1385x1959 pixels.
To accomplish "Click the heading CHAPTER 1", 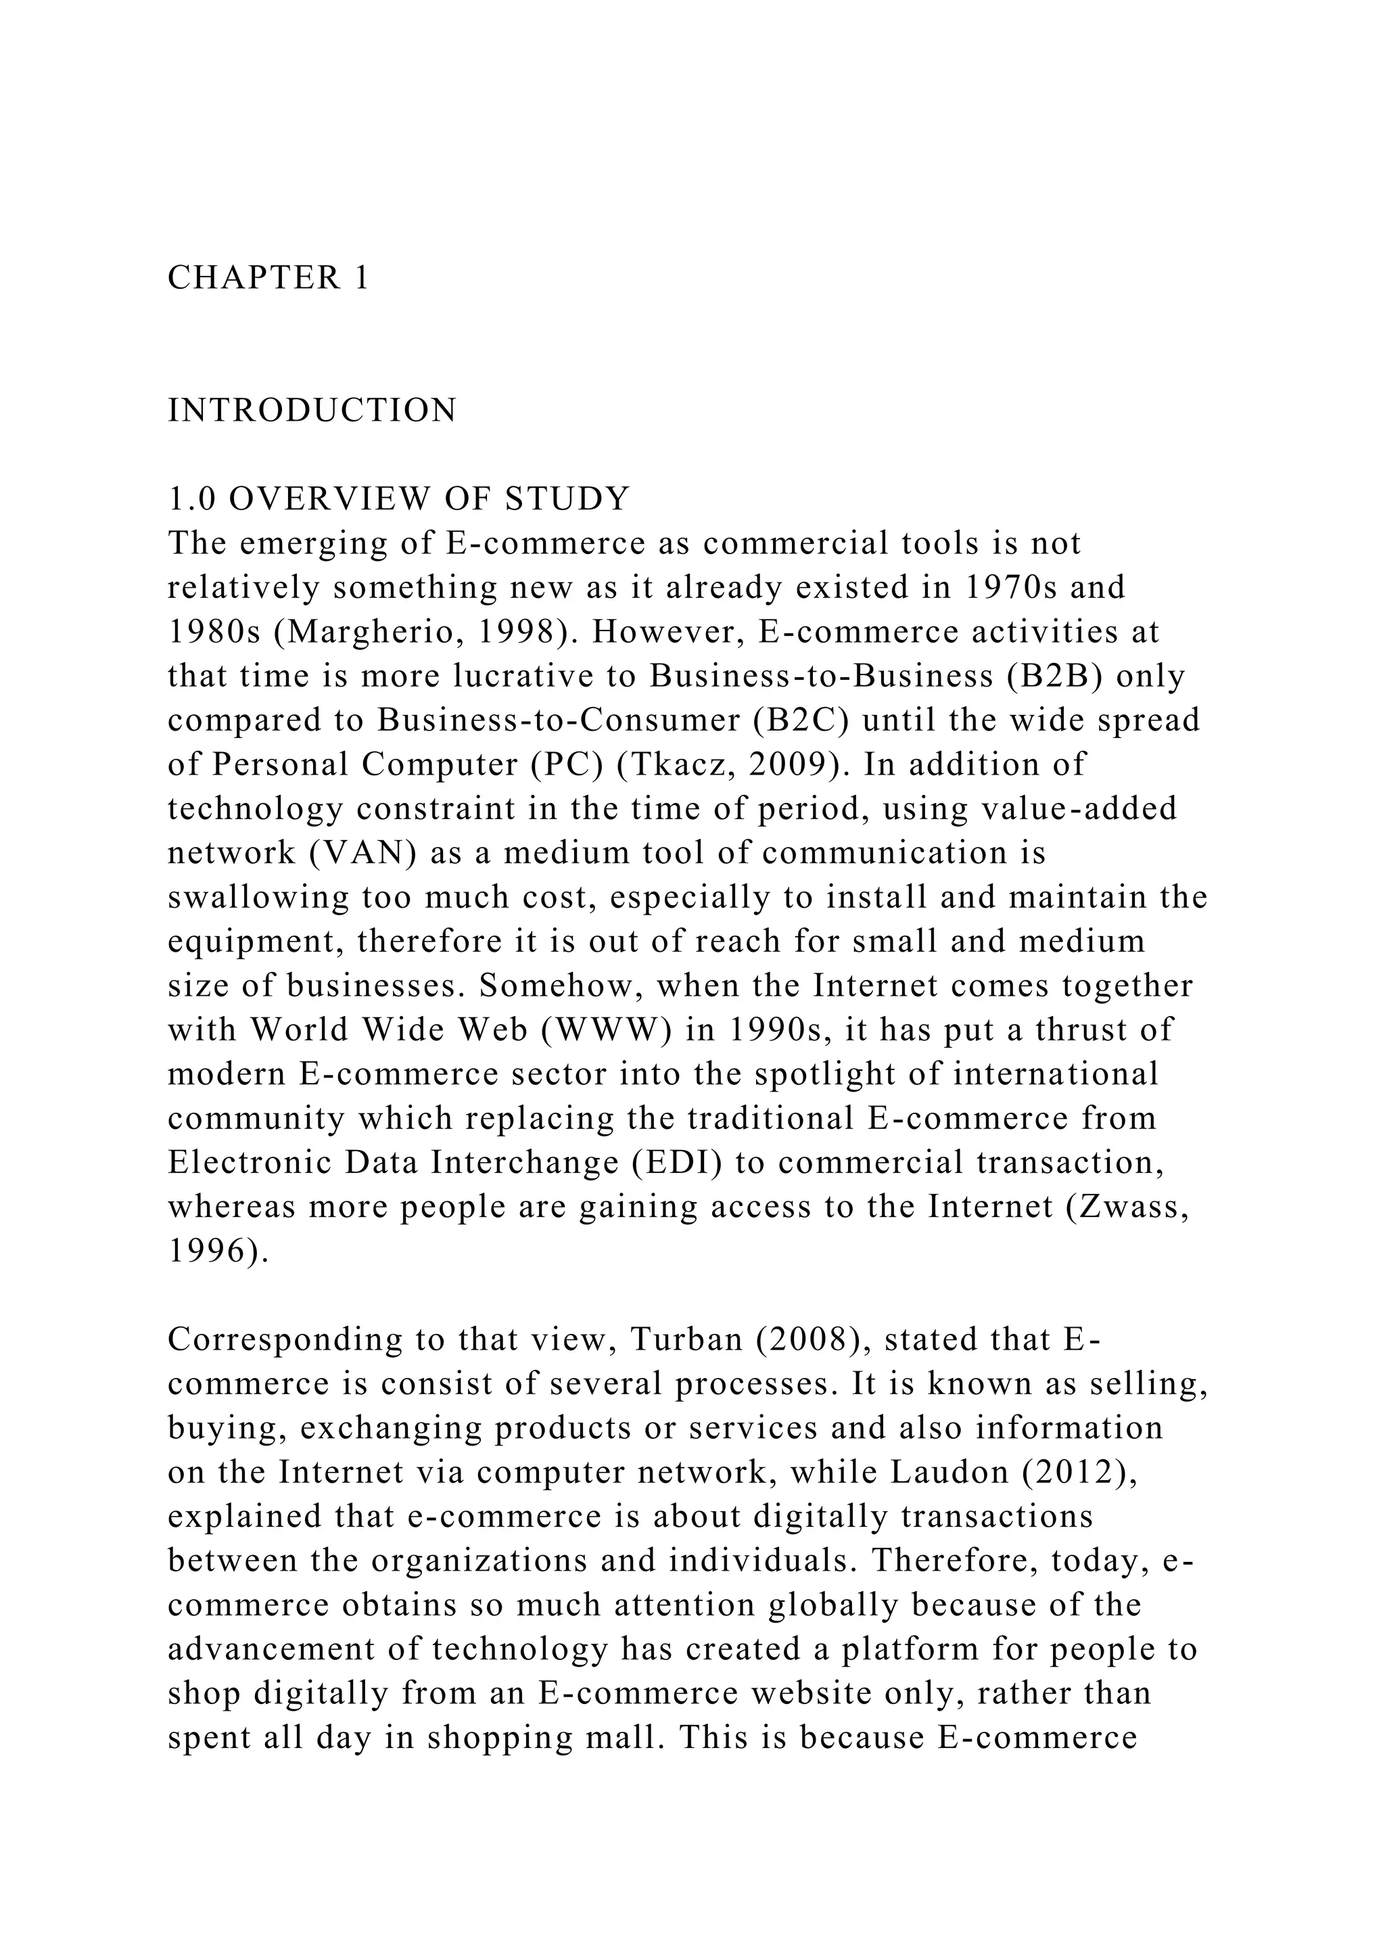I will point(268,278).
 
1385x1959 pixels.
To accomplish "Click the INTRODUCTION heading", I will point(312,411).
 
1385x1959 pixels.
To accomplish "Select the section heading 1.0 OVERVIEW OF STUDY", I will point(398,499).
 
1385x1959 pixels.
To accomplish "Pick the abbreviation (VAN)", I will point(359,853).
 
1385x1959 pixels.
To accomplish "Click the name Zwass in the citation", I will point(1127,1207).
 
